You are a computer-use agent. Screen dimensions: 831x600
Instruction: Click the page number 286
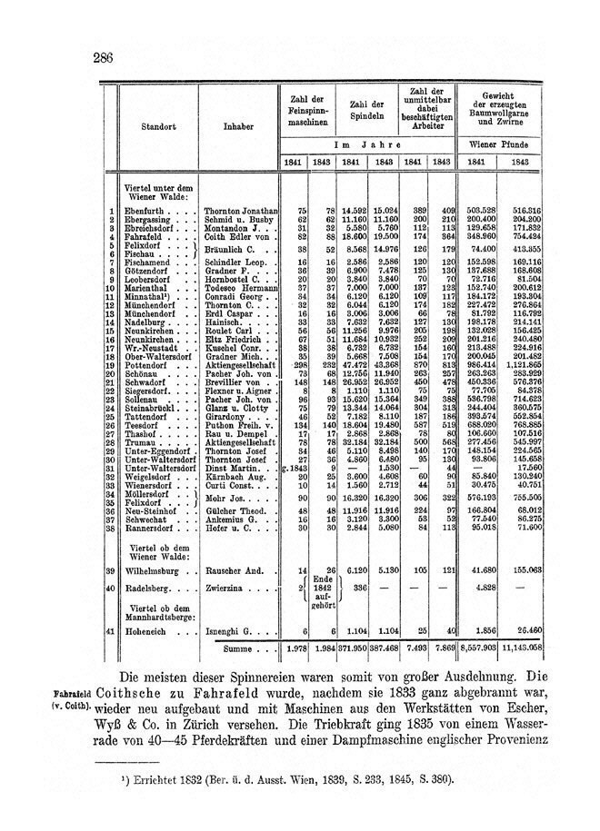click(x=102, y=59)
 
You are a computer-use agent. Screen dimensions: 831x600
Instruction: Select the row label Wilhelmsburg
click(x=158, y=570)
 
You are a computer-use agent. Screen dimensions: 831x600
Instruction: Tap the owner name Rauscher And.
click(x=235, y=570)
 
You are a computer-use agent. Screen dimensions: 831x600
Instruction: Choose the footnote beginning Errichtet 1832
click(x=297, y=779)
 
